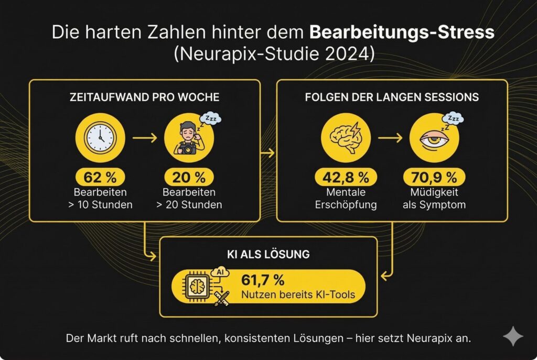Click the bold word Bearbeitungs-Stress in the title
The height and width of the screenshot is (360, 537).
coord(402,33)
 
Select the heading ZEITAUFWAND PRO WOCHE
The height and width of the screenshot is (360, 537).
coord(144,97)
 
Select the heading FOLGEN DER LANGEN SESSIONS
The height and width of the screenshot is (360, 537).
coord(391,97)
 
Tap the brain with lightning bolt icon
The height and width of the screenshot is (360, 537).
coord(345,137)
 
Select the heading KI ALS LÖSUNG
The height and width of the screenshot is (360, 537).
coord(268,255)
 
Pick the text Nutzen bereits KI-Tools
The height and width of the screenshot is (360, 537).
coord(298,295)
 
